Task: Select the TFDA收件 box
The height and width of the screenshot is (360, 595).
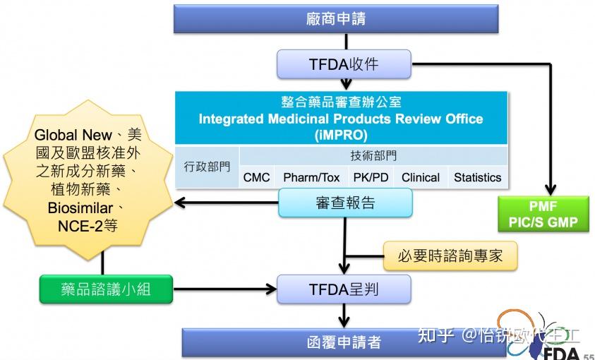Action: [x=343, y=64]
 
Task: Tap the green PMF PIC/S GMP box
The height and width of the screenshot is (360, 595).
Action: [x=543, y=215]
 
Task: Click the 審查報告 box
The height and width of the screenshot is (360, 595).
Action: [x=344, y=203]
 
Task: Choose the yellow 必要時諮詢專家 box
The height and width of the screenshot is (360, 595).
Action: [x=450, y=256]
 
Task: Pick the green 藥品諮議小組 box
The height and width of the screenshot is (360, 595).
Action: [x=106, y=289]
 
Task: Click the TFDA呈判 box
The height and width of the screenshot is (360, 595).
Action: [x=343, y=289]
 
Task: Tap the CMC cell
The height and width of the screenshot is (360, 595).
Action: [x=256, y=178]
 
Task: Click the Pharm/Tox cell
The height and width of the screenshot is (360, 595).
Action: [x=311, y=178]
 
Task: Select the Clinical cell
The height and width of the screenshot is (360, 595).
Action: [x=421, y=178]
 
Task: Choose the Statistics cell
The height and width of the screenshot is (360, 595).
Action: [x=477, y=178]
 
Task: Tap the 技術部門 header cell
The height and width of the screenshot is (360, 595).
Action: [x=373, y=156]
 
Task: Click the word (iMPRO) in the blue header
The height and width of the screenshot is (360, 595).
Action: [x=341, y=135]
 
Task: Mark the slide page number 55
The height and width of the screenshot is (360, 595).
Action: [x=588, y=355]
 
